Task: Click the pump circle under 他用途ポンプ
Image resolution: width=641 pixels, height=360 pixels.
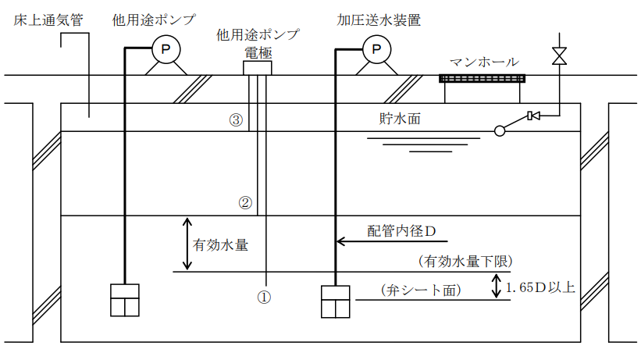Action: click(165, 50)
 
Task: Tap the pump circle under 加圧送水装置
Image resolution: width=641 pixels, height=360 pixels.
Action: click(376, 50)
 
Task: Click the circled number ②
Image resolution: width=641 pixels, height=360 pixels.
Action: click(245, 203)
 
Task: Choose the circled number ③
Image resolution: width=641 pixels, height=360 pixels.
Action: click(235, 120)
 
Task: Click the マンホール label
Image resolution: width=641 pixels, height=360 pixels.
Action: click(483, 62)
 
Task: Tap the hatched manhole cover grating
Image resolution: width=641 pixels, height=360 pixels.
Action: click(482, 78)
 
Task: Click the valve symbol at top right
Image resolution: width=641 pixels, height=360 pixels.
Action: click(559, 56)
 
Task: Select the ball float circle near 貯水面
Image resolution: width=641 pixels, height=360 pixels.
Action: click(500, 130)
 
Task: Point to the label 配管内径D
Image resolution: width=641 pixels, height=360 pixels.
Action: click(401, 231)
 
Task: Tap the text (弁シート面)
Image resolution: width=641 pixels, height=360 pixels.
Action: click(422, 290)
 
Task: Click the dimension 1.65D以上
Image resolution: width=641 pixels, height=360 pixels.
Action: click(542, 287)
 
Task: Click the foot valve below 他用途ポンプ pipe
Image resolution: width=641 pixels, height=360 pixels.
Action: click(125, 299)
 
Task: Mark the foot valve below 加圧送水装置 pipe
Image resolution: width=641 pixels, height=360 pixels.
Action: click(337, 301)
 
